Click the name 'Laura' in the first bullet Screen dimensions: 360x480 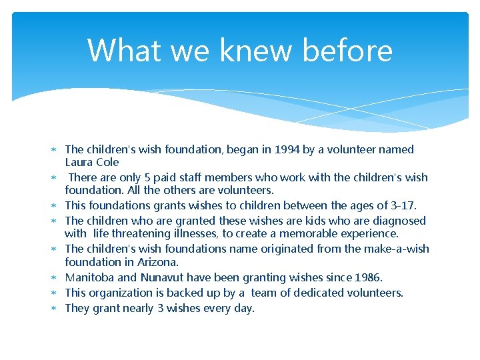79,162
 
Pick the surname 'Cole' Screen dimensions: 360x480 107,162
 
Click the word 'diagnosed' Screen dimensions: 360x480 399,221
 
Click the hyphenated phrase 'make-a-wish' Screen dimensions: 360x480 396,249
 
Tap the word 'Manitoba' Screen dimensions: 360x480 88,277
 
